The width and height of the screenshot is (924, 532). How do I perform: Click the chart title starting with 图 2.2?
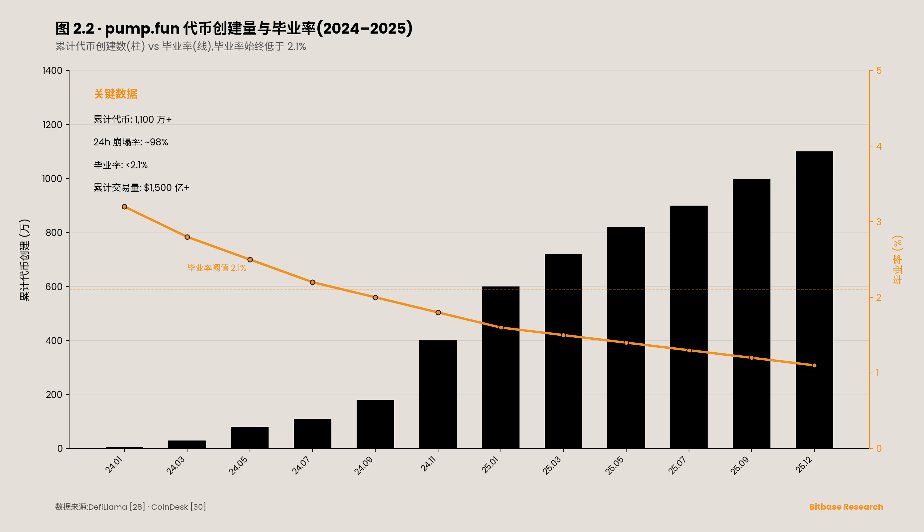click(x=234, y=29)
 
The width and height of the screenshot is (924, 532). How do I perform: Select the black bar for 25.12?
click(x=814, y=300)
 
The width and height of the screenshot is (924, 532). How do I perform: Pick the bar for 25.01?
click(x=501, y=367)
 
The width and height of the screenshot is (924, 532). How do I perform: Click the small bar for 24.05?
click(x=250, y=438)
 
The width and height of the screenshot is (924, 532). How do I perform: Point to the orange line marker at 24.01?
click(x=124, y=207)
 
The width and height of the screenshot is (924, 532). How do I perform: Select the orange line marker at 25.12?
click(x=814, y=365)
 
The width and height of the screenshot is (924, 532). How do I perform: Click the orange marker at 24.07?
click(x=312, y=282)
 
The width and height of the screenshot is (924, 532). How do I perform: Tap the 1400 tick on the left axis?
click(x=53, y=71)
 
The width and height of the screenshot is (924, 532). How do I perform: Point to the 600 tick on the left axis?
click(x=54, y=287)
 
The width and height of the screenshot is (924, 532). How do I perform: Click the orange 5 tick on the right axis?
click(x=879, y=71)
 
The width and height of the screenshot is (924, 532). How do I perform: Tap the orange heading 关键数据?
click(x=116, y=94)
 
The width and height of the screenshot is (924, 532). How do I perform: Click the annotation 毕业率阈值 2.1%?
click(x=216, y=268)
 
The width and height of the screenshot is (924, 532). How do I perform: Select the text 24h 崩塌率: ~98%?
click(x=131, y=142)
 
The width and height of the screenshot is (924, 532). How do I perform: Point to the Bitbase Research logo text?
click(x=846, y=507)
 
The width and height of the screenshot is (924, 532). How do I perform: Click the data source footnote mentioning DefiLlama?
click(x=130, y=507)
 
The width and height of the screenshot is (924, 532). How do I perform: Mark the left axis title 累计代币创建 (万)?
click(x=25, y=260)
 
